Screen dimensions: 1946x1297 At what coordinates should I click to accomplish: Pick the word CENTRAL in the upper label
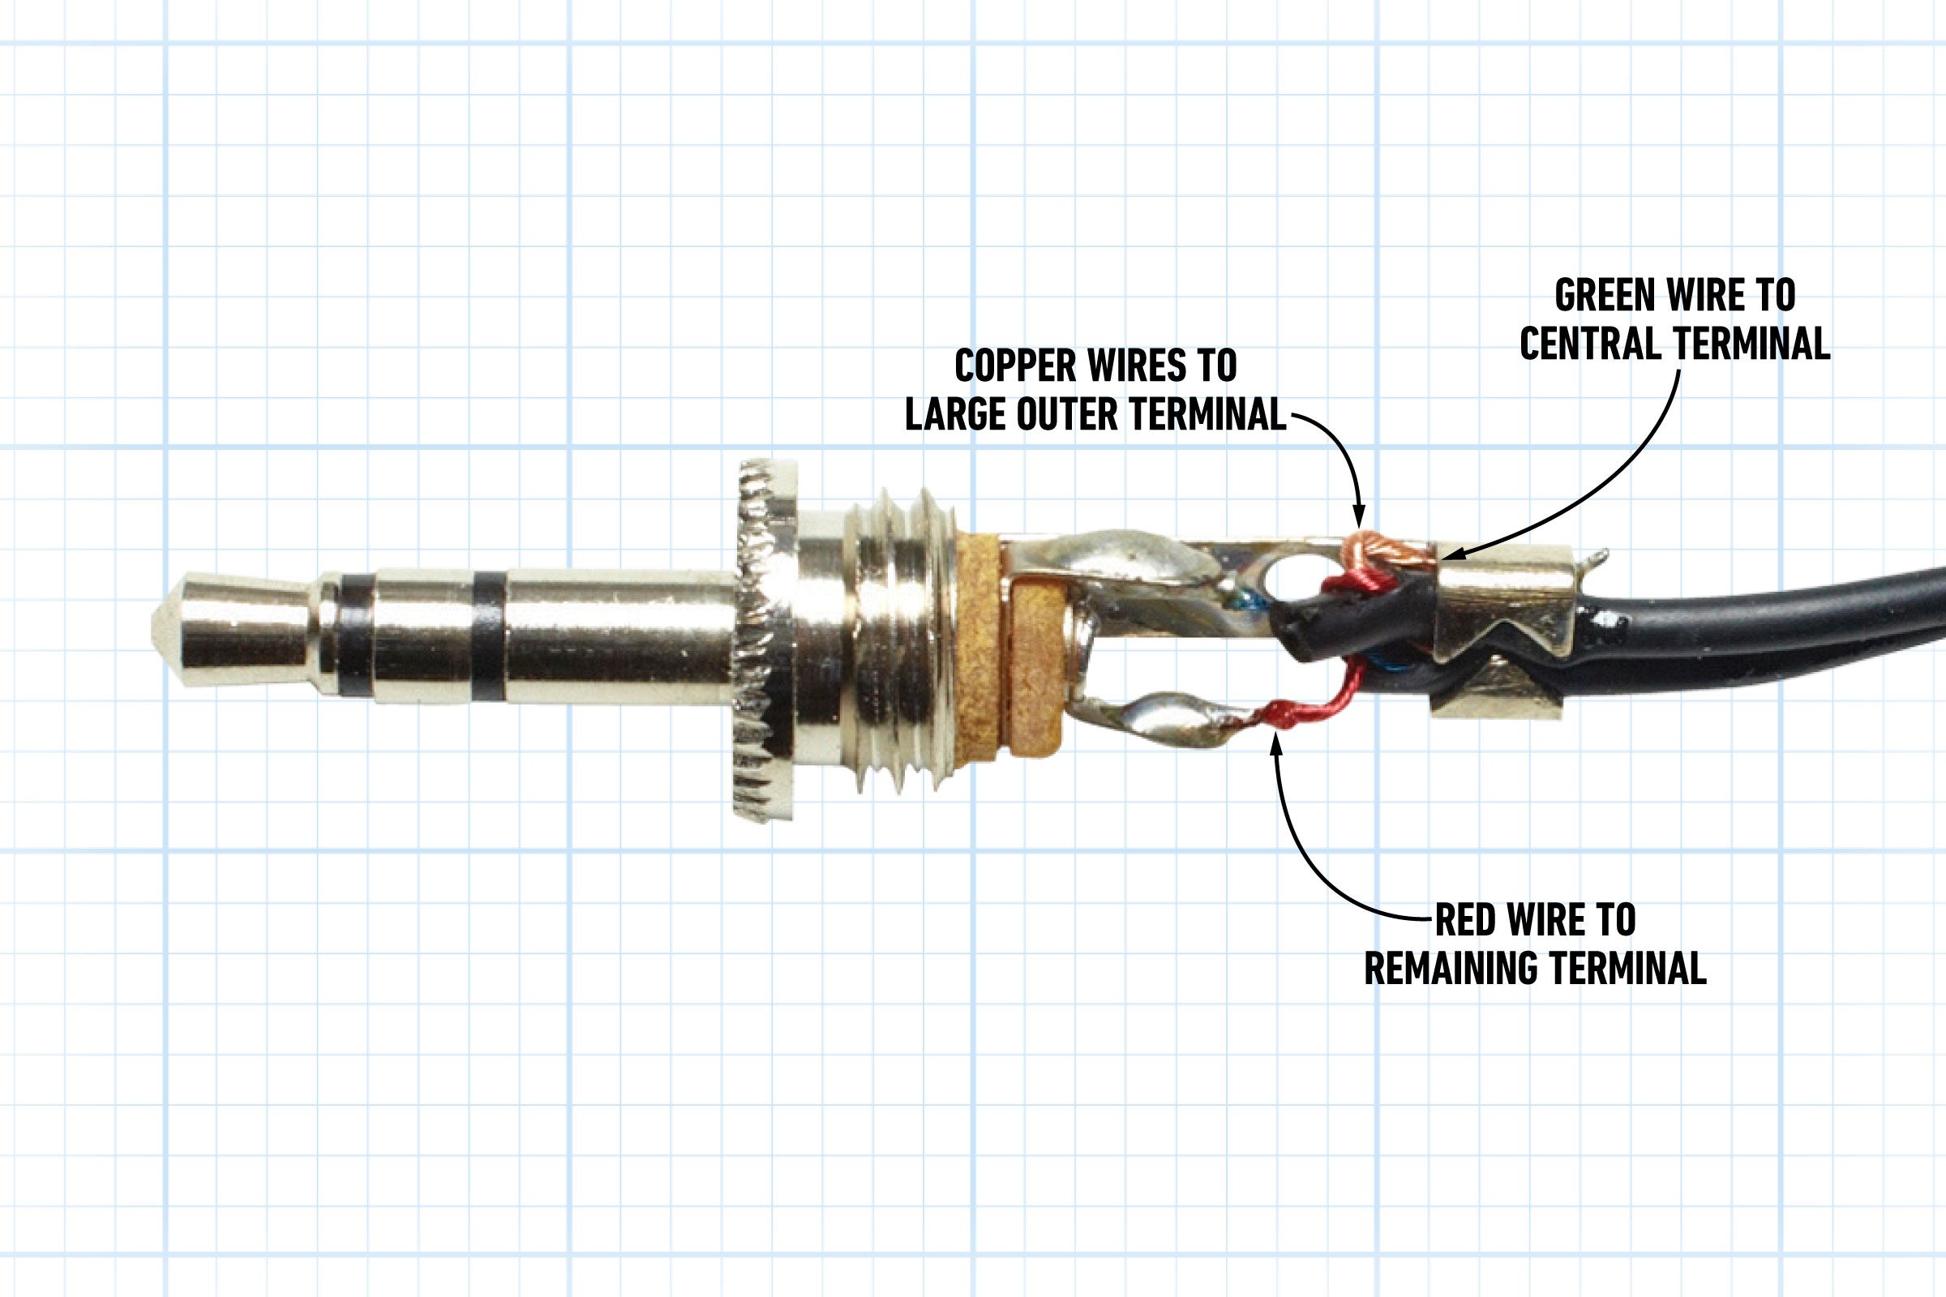coord(1591,343)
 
